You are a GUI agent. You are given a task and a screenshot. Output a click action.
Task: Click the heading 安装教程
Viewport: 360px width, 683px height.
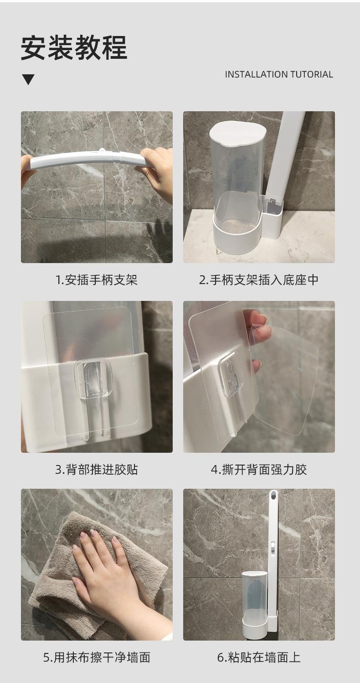[x=74, y=48]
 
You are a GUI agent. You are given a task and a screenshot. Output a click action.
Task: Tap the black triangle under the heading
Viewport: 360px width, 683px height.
[x=28, y=79]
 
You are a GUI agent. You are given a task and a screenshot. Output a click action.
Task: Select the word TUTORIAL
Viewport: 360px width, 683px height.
[x=312, y=74]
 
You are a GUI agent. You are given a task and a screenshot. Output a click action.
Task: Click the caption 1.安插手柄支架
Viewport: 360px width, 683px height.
[x=97, y=280]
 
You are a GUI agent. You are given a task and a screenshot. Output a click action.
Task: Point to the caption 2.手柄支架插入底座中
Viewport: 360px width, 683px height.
[x=259, y=280]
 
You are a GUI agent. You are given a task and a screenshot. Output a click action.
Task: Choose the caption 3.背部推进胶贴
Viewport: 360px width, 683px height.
[x=97, y=470]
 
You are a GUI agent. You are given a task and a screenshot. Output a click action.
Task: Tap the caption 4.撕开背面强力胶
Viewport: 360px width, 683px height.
[x=259, y=470]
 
